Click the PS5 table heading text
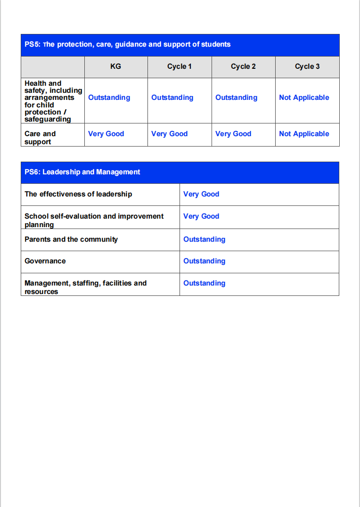[127, 44]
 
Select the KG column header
[115, 66]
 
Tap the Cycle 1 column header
[179, 66]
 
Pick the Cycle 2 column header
[243, 66]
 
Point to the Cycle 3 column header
[307, 66]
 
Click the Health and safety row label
[53, 101]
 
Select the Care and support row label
[40, 138]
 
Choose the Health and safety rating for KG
[109, 98]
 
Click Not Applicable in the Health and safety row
[304, 98]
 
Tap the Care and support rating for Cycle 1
[169, 134]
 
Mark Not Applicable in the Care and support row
[304, 134]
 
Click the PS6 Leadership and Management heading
[82, 172]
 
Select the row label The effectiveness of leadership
[78, 194]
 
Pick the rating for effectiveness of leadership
[201, 194]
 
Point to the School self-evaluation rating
[201, 216]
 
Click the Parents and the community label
[71, 239]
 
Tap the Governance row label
[45, 261]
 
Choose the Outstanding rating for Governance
[204, 261]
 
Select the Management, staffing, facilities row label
[85, 287]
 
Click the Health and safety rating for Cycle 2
[236, 98]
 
